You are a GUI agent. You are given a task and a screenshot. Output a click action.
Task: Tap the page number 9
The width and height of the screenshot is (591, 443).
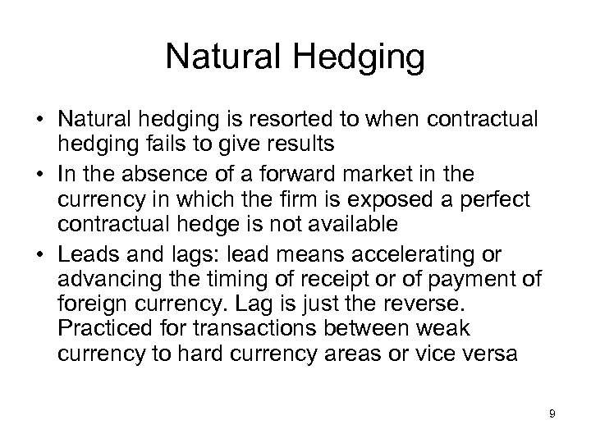[x=552, y=413]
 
